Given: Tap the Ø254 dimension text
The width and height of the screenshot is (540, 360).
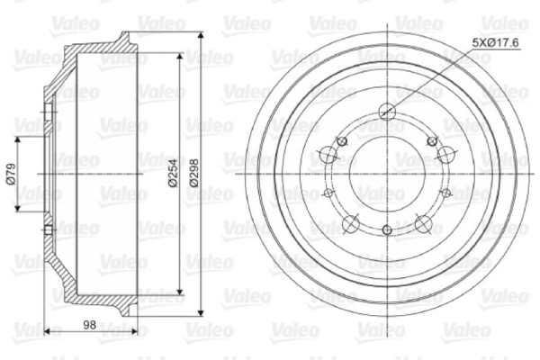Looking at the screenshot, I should (171, 170).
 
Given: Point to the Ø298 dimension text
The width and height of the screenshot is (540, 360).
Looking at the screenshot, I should (194, 170).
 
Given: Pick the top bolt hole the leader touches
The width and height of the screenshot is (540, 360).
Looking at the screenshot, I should (388, 112).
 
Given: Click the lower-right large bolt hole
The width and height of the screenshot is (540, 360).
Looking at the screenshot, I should (424, 222).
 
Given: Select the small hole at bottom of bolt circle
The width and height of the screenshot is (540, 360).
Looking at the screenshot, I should (388, 230).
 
